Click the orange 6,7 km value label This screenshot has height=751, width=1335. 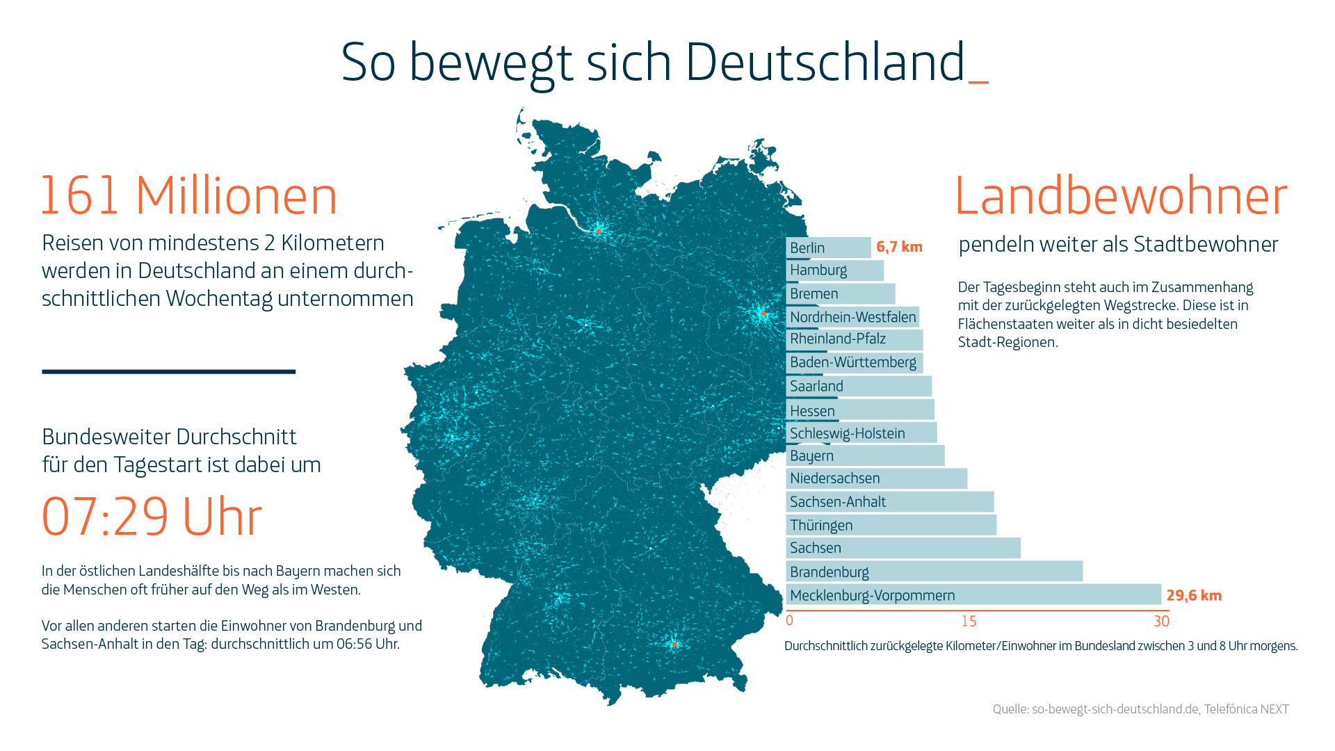click(899, 247)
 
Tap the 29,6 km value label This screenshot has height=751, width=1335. click(1194, 595)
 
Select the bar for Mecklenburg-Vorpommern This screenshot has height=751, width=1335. click(973, 595)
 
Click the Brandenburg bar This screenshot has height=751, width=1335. click(934, 572)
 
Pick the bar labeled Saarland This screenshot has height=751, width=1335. click(859, 386)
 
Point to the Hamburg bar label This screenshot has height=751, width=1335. click(818, 270)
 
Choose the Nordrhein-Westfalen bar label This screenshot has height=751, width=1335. click(853, 317)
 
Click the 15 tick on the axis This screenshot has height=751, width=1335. click(969, 621)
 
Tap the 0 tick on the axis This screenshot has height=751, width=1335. click(789, 620)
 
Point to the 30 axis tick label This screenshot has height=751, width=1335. click(1161, 621)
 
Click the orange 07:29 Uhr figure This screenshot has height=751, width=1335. click(152, 517)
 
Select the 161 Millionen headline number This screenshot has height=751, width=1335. click(188, 195)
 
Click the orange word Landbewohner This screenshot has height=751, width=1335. click(1121, 195)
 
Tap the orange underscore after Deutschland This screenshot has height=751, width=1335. click(978, 82)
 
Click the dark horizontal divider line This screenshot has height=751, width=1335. click(169, 371)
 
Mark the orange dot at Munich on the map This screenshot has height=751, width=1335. click(674, 645)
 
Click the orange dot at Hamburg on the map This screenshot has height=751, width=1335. click(598, 231)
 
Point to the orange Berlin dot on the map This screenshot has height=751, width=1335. click(763, 314)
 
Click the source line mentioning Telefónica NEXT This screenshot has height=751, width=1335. click(1140, 709)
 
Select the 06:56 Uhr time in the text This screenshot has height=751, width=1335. click(368, 644)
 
